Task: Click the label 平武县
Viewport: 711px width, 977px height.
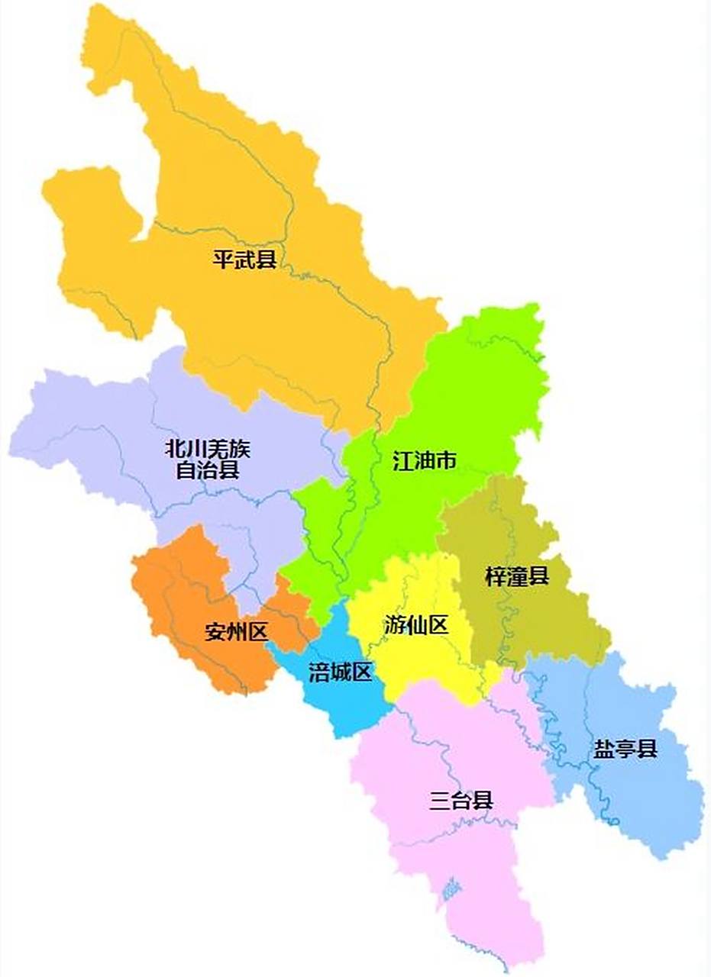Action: click(244, 260)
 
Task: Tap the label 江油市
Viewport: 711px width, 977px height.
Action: click(425, 461)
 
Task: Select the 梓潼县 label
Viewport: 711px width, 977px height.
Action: click(517, 577)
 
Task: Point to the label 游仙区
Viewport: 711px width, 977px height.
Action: click(415, 626)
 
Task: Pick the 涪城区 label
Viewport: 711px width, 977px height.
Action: click(340, 672)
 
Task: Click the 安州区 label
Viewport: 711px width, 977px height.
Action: click(236, 632)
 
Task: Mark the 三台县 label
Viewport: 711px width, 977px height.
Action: click(461, 801)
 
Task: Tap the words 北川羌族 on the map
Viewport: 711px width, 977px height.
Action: click(208, 449)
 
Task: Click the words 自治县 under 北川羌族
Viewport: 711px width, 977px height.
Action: click(208, 469)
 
